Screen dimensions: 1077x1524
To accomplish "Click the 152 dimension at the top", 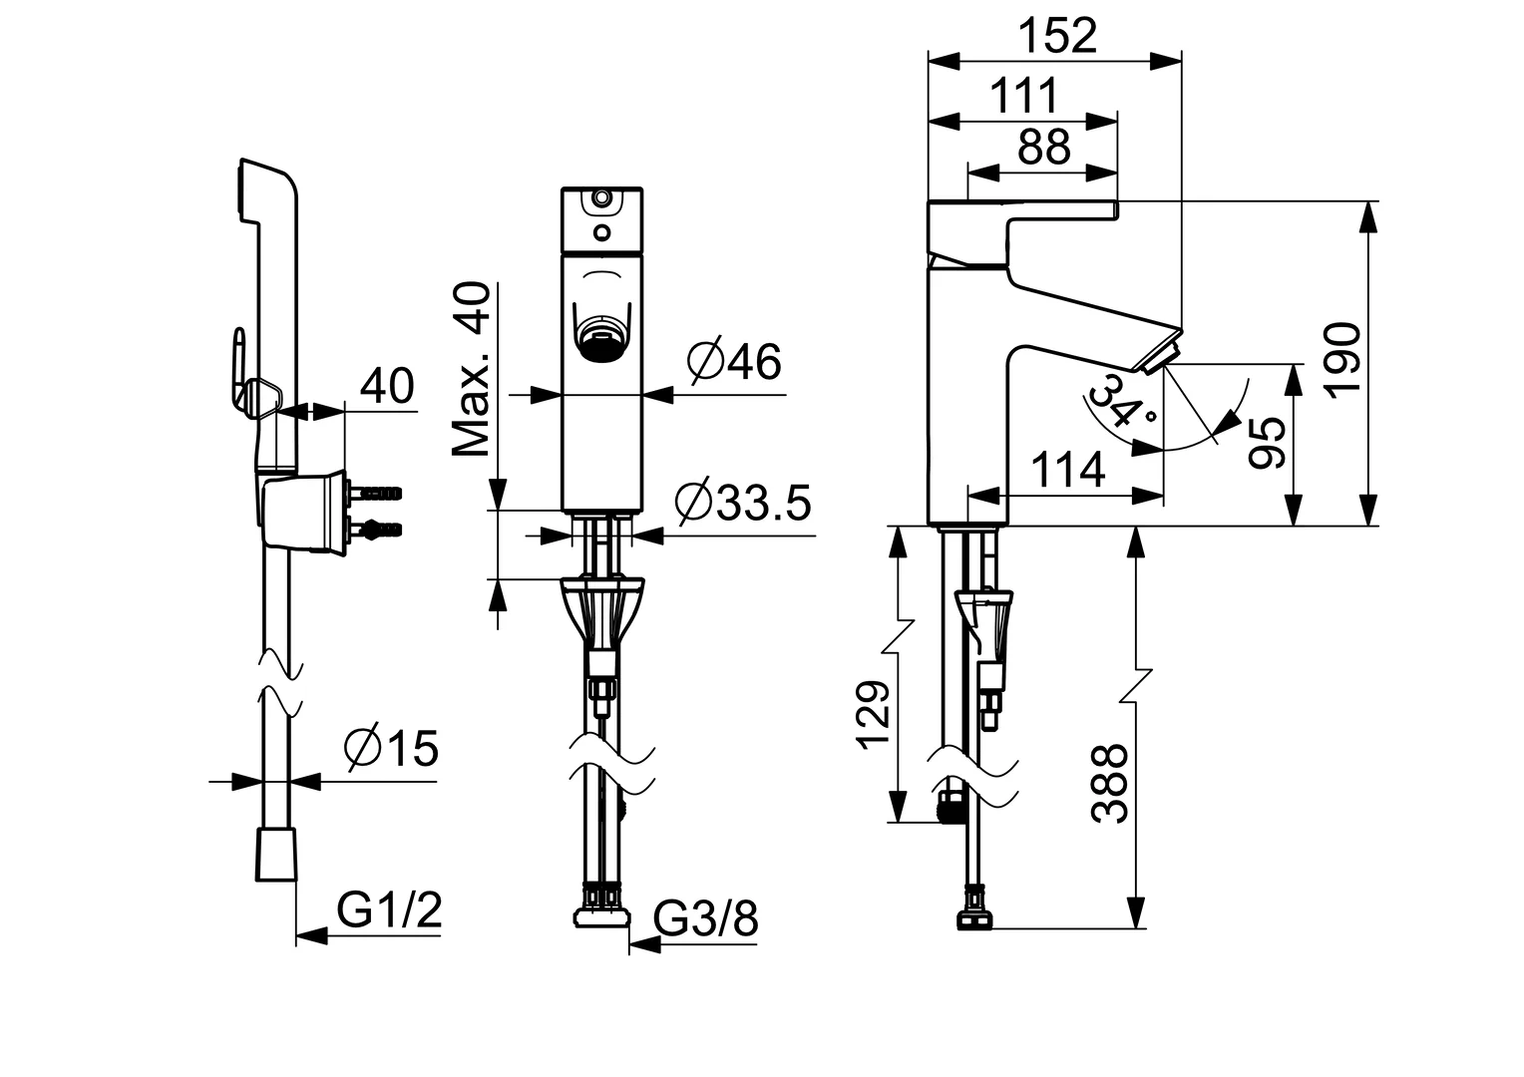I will pyautogui.click(x=1057, y=37).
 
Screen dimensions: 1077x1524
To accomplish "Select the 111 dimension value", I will pyautogui.click(x=1023, y=97).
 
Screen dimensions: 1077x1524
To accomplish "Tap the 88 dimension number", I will pyautogui.click(x=1043, y=148).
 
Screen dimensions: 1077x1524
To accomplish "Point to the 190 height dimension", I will pyautogui.click(x=1343, y=361).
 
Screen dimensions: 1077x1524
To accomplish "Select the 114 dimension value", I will pyautogui.click(x=1067, y=469).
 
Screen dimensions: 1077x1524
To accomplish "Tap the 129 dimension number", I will pyautogui.click(x=871, y=715).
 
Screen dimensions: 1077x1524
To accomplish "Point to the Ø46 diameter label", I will pyautogui.click(x=735, y=361).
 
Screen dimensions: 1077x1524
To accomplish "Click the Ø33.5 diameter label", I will pyautogui.click(x=742, y=503).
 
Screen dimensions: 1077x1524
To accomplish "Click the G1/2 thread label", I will pyautogui.click(x=388, y=909).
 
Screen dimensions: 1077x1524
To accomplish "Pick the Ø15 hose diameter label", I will pyautogui.click(x=390, y=748).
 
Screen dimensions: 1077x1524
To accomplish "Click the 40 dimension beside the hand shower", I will pyautogui.click(x=387, y=386).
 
